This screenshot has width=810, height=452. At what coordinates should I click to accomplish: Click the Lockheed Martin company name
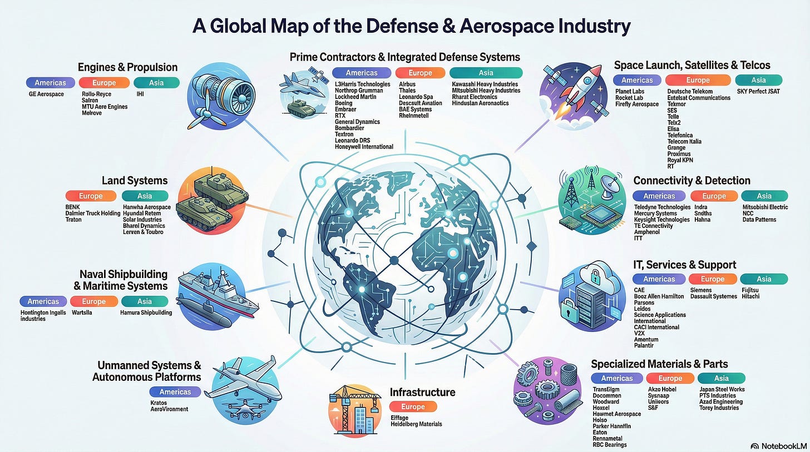pos(355,97)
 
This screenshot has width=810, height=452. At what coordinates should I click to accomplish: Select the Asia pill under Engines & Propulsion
pos(156,83)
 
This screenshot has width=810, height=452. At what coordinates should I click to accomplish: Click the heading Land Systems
pos(134,180)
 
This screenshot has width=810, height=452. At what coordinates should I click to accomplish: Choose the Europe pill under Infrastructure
pos(413,406)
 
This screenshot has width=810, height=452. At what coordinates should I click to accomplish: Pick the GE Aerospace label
pos(46,94)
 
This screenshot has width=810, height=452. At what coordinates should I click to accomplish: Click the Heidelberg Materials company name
pos(416,424)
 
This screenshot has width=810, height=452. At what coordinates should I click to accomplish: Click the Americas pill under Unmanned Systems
pos(175,392)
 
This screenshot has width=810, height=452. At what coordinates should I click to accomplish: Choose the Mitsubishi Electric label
pos(765,207)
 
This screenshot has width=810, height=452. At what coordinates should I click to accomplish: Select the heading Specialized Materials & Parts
pos(659,364)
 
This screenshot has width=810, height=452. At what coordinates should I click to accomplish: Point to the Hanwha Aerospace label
pos(145,207)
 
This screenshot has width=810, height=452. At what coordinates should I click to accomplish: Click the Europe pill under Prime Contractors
pos(420,73)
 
